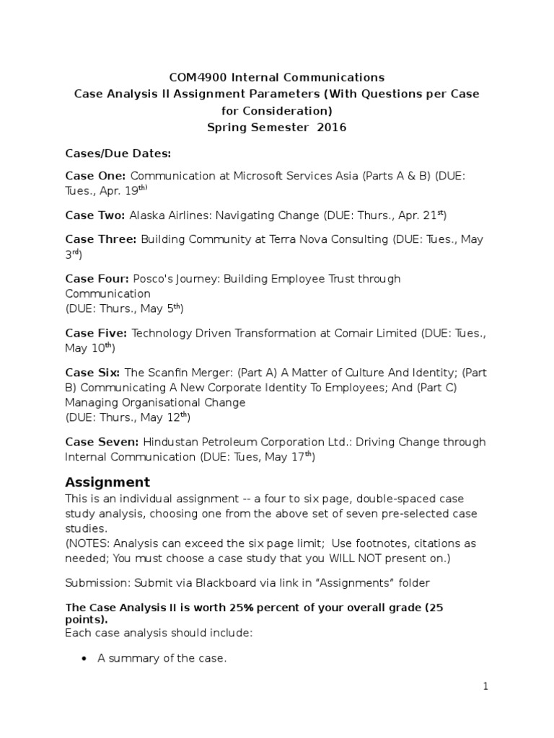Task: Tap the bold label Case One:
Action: pos(95,176)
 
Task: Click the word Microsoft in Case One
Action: pos(258,176)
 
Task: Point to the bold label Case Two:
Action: pos(95,215)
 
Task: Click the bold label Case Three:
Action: pos(100,240)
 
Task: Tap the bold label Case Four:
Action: pos(97,278)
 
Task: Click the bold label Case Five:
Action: pos(96,332)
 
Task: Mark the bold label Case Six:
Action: pos(93,372)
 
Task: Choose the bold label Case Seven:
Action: pos(102,442)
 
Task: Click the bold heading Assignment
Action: pos(107,482)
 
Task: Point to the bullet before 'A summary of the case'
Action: pos(84,659)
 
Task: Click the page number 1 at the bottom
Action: pos(485,687)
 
